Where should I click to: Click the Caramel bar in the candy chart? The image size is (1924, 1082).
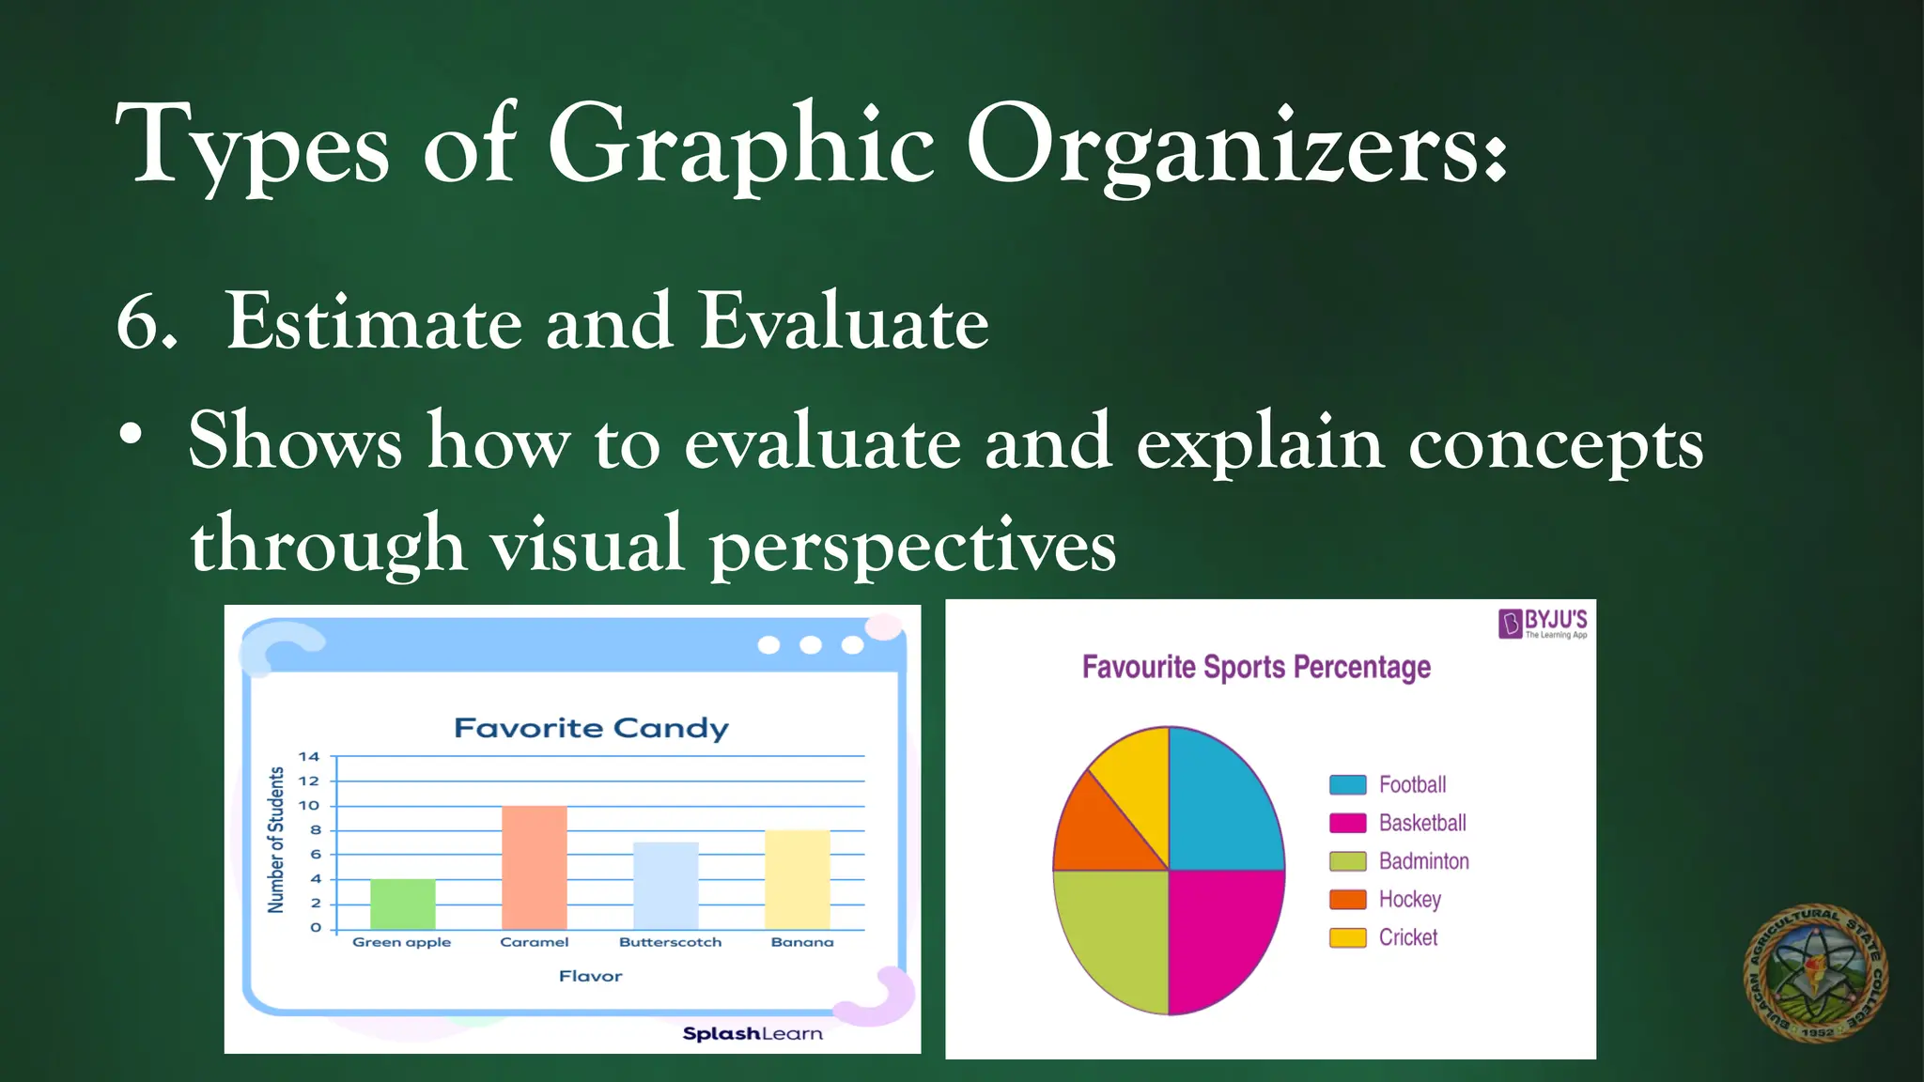[534, 867]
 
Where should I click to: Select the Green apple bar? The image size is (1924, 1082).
[402, 904]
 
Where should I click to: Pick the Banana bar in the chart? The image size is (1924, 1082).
[797, 879]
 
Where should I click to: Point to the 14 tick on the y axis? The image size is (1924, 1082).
[309, 757]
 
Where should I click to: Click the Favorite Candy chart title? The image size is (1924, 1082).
[591, 728]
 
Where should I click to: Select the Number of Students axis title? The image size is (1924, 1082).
[276, 840]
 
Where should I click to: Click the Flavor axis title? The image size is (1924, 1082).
[590, 976]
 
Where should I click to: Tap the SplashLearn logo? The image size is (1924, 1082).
[752, 1033]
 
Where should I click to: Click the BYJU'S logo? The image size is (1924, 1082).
[1543, 624]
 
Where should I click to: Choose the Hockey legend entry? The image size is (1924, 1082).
[1387, 899]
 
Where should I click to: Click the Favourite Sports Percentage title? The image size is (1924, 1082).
[1256, 667]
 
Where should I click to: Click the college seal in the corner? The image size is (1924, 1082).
[1815, 973]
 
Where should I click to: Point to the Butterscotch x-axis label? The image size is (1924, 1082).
[670, 942]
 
